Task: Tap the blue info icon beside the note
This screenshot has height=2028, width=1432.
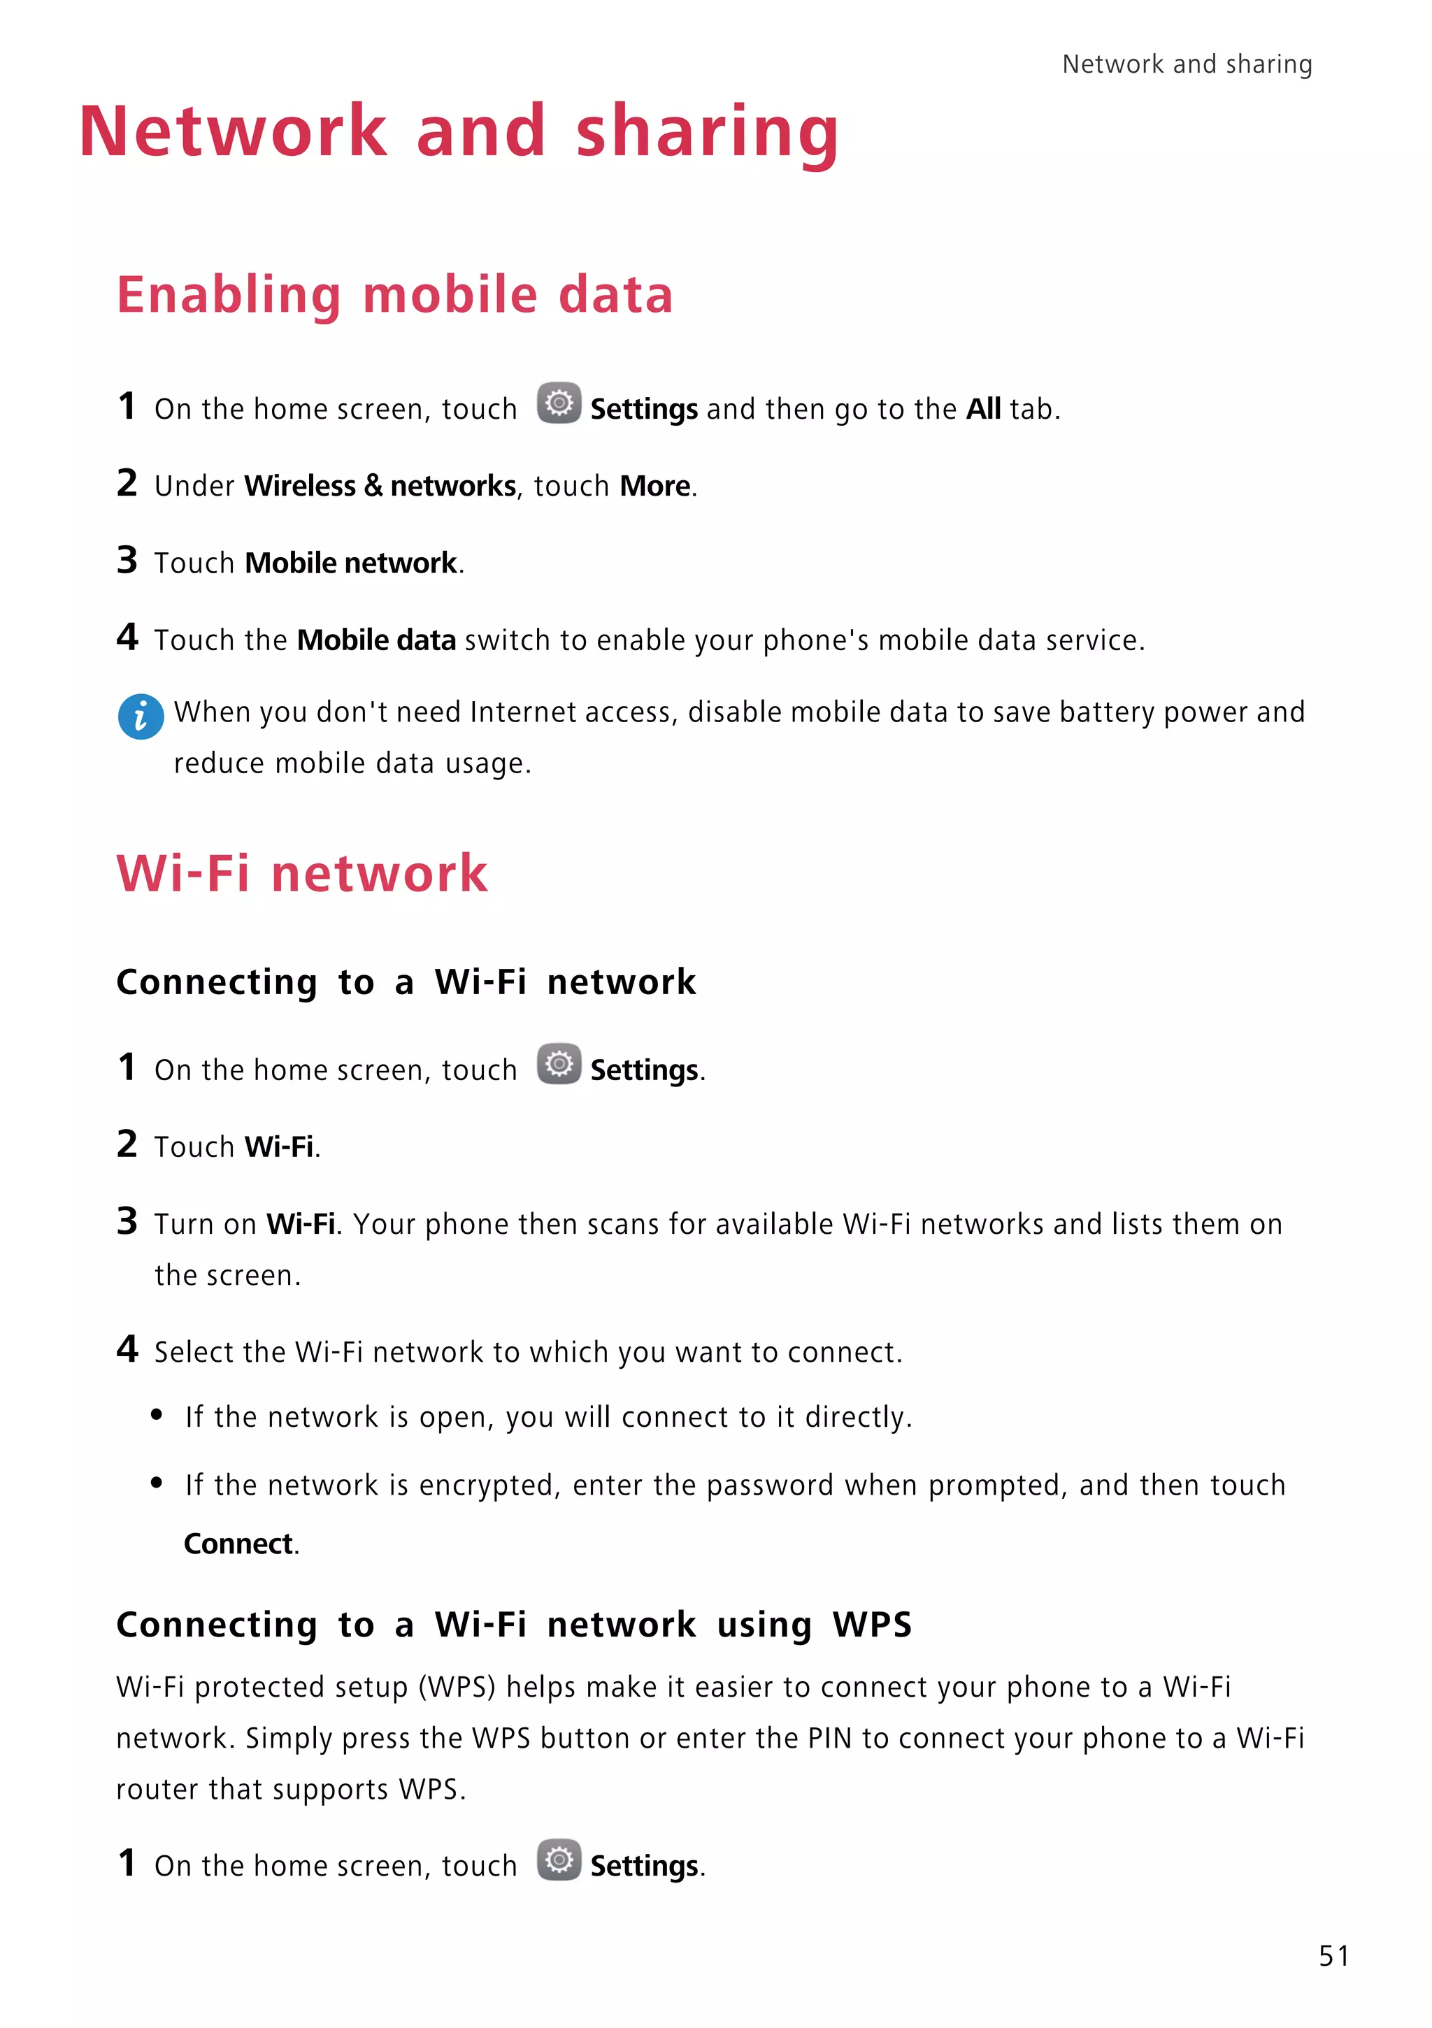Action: [141, 717]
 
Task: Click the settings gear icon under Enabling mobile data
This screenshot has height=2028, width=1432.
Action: [558, 403]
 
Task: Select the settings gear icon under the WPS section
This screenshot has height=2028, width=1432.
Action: [558, 1860]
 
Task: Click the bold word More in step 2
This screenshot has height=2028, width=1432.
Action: [654, 486]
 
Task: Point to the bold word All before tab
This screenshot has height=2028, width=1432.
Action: [982, 409]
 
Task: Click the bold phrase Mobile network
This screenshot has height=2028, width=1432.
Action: [351, 563]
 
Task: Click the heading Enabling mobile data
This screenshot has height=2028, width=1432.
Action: [395, 294]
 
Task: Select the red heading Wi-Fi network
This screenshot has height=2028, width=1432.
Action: [302, 874]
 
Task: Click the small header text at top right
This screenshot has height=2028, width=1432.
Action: [1187, 64]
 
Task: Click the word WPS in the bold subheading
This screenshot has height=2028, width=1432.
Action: [872, 1625]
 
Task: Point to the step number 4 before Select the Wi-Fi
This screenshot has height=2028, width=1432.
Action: [127, 1349]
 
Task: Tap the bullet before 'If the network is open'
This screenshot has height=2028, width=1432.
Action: [157, 1415]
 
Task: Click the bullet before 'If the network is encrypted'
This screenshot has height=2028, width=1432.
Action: [157, 1483]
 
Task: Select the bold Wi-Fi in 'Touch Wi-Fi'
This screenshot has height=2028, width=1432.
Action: [279, 1146]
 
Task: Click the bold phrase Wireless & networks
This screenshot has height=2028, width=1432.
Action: [380, 486]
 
